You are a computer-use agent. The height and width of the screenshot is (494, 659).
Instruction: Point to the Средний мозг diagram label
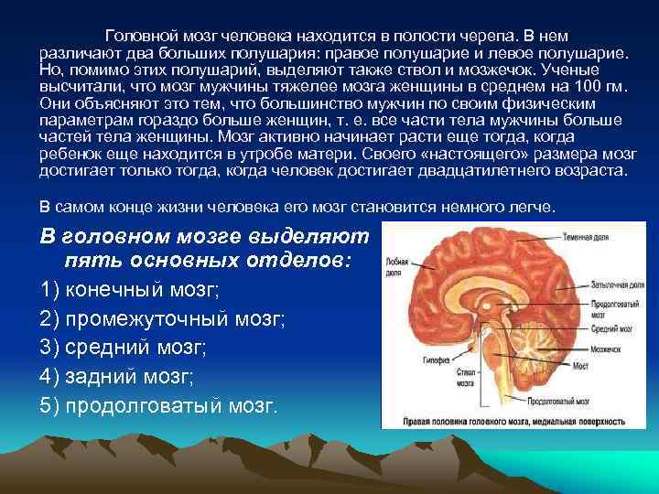pos(608,328)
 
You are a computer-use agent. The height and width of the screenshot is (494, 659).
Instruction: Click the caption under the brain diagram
pos(516,423)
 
